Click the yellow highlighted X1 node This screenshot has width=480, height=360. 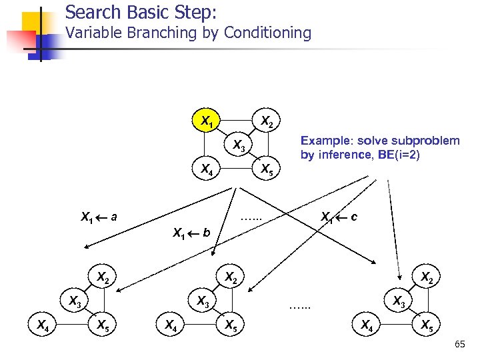[x=208, y=121]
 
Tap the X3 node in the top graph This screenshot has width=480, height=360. [x=238, y=147]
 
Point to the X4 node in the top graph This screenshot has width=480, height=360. [x=207, y=169]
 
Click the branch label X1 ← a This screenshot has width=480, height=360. [x=99, y=217]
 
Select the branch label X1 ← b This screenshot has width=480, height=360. [x=191, y=233]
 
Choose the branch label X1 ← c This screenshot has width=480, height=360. [x=339, y=217]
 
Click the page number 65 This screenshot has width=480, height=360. [x=459, y=344]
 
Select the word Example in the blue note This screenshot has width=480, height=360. [x=326, y=141]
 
